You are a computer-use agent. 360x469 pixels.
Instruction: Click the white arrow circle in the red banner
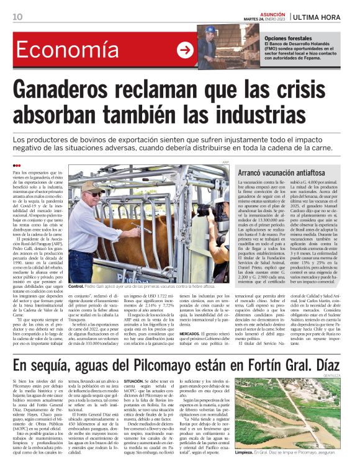click(x=184, y=51)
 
